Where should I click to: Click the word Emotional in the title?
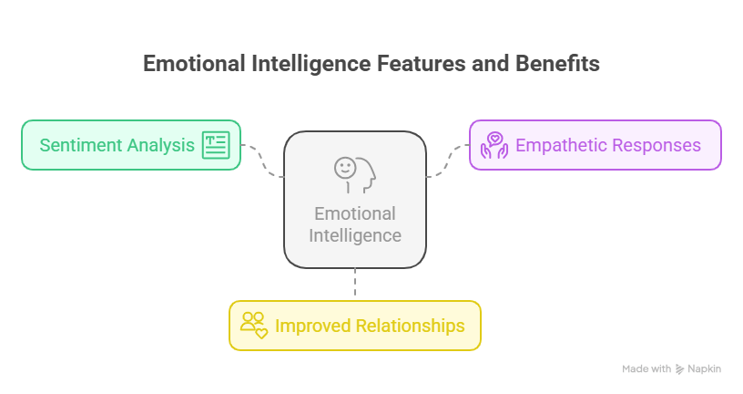pyautogui.click(x=194, y=64)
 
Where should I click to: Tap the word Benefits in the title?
pyautogui.click(x=557, y=64)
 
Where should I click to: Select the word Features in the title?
pyautogui.click(x=422, y=64)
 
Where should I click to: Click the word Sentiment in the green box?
pyautogui.click(x=80, y=145)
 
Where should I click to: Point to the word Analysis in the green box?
pyautogui.click(x=160, y=146)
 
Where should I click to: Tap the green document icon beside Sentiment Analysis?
pyautogui.click(x=216, y=145)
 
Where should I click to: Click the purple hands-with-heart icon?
pyautogui.click(x=494, y=145)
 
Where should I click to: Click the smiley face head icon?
pyautogui.click(x=355, y=175)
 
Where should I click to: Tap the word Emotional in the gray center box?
pyautogui.click(x=355, y=213)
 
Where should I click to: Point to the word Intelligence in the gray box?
pyautogui.click(x=355, y=235)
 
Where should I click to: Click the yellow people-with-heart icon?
pyautogui.click(x=254, y=326)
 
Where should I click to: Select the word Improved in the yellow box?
pyautogui.click(x=312, y=326)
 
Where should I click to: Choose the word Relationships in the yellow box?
pyautogui.click(x=411, y=326)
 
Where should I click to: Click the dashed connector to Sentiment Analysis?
pyautogui.click(x=262, y=161)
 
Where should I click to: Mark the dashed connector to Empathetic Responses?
pyautogui.click(x=447, y=161)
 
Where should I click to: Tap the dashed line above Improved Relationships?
pyautogui.click(x=355, y=282)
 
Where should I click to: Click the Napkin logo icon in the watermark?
pyautogui.click(x=680, y=368)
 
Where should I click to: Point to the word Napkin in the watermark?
pyautogui.click(x=704, y=368)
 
